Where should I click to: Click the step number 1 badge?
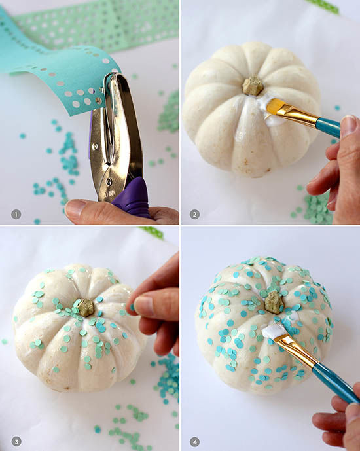pos(16,214)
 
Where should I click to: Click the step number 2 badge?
pos(194,214)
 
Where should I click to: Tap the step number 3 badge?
pos(16,441)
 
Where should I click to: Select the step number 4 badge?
pos(194,441)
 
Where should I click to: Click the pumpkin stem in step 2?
pos(253,86)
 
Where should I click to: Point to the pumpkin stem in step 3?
pos(85,308)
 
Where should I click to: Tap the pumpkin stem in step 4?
pos(274,302)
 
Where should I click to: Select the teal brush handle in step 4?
pos(336,383)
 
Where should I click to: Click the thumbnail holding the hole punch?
pos(76,207)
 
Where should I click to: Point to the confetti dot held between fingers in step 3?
pos(133,308)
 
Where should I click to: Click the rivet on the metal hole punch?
pos(109,181)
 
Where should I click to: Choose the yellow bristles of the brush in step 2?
pos(272,105)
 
